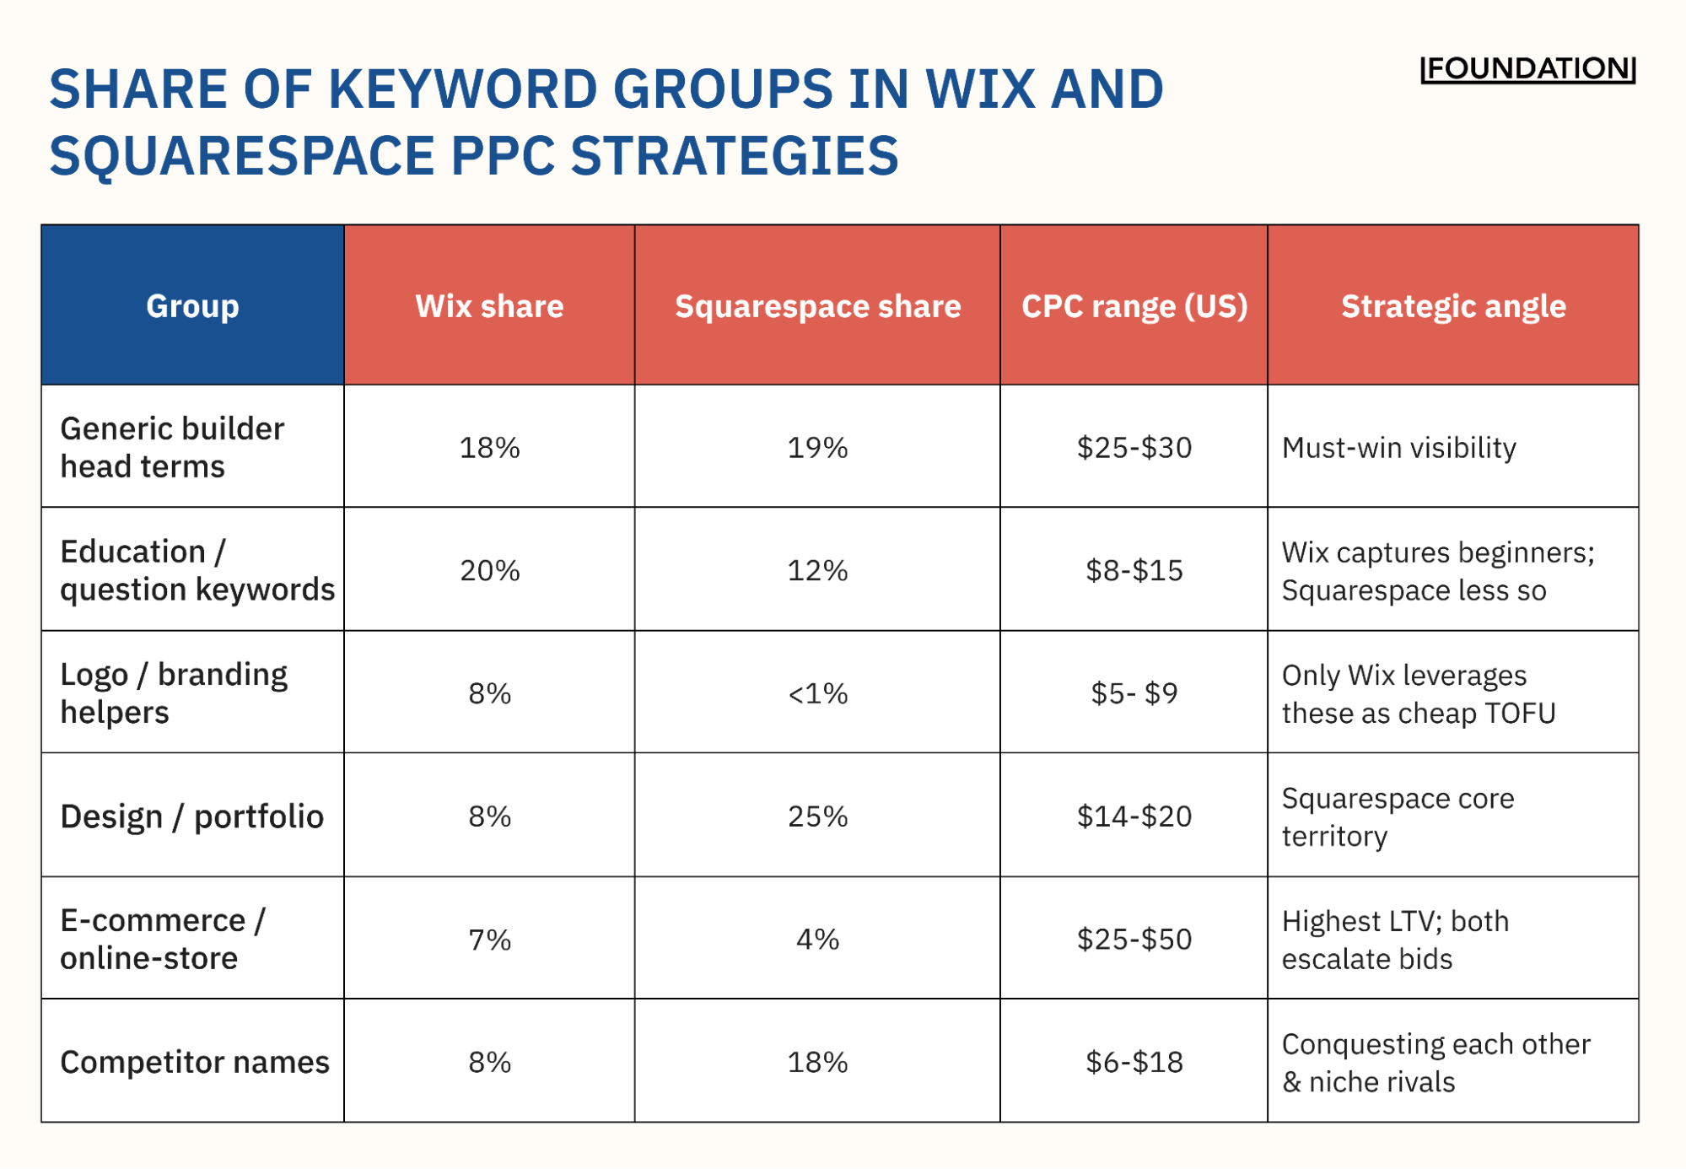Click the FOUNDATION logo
click(x=1527, y=69)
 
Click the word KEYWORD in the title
click(x=461, y=89)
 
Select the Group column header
click(x=192, y=305)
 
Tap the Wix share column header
click(x=489, y=305)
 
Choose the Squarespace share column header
click(x=817, y=305)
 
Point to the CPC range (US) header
click(x=1134, y=305)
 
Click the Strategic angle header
click(x=1452, y=305)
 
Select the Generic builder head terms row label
click(x=172, y=447)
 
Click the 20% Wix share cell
click(x=489, y=570)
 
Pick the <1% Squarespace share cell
click(x=817, y=693)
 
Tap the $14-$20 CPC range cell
click(x=1134, y=816)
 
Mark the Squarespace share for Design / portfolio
click(x=817, y=816)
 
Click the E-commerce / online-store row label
click(x=162, y=939)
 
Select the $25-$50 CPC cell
click(x=1134, y=939)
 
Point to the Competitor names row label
click(x=194, y=1062)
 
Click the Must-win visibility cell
click(x=1398, y=447)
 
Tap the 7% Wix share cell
click(x=489, y=939)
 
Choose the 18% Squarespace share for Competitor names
click(x=817, y=1062)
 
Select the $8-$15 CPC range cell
click(x=1134, y=570)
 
